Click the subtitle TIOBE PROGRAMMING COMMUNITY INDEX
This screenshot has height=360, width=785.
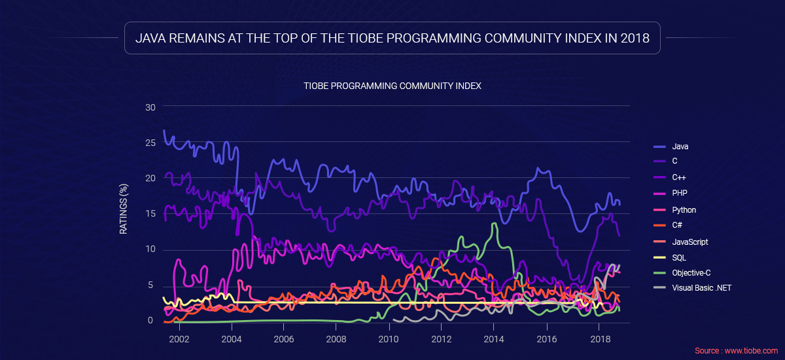(392, 86)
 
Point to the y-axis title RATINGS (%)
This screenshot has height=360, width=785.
(123, 209)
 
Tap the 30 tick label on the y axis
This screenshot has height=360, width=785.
(150, 107)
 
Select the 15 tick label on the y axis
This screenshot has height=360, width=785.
(150, 213)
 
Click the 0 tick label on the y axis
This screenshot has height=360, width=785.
(152, 321)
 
